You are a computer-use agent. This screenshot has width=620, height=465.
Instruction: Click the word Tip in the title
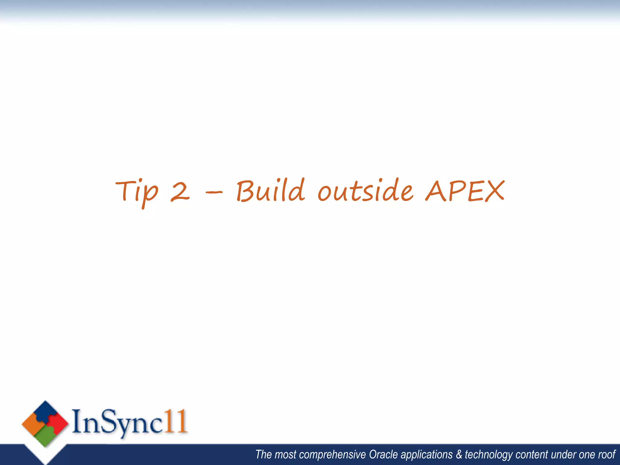(137, 191)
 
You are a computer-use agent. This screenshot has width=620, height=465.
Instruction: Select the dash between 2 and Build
(214, 192)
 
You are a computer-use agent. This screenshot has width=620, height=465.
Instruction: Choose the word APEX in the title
(465, 191)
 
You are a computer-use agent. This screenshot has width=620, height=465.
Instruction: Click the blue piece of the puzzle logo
(46, 411)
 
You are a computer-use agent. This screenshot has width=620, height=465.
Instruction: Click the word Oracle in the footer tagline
(383, 455)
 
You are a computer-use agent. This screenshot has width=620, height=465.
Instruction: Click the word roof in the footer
(607, 455)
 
